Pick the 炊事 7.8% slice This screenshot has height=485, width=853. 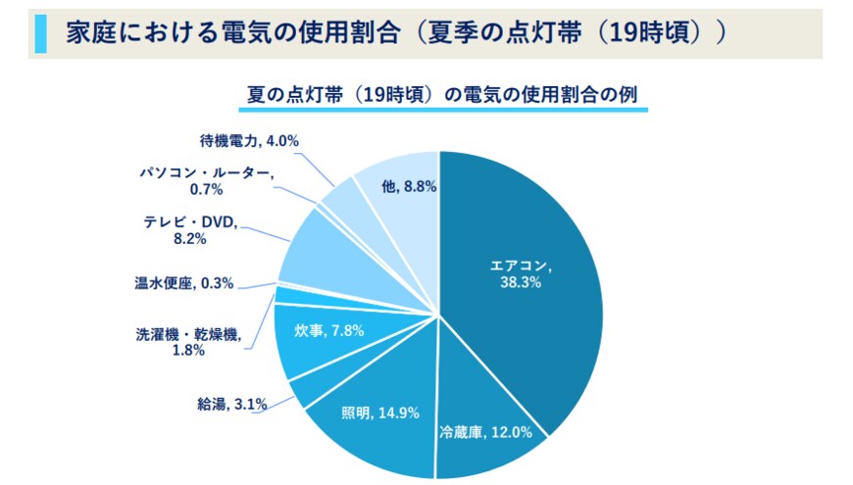[x=314, y=338]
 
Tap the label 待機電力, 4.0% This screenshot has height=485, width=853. [x=242, y=141]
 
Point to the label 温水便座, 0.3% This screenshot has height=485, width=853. [x=183, y=283]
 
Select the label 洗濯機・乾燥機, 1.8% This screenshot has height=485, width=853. [x=186, y=342]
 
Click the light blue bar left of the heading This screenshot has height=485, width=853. [x=39, y=34]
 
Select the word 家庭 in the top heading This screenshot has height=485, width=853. [x=83, y=34]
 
